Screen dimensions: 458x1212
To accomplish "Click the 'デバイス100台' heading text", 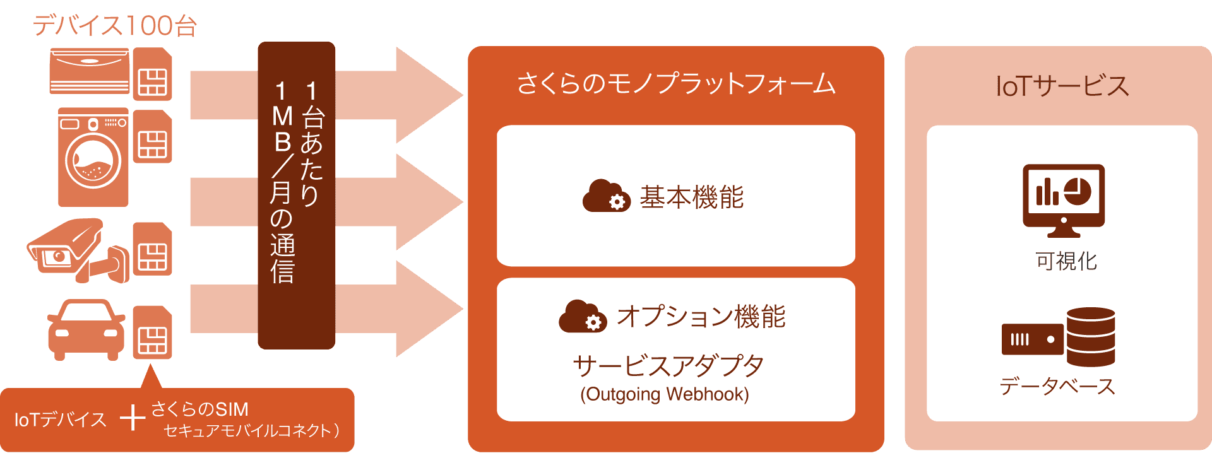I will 115,26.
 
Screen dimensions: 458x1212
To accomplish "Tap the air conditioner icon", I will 90,72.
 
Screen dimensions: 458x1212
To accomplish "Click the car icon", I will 86,330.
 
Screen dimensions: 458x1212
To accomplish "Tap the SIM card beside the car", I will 152,332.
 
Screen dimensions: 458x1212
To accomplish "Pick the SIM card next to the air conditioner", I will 152,74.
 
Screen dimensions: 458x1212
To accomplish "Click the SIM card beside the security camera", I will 152,249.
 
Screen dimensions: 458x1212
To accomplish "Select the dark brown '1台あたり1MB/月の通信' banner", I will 296,196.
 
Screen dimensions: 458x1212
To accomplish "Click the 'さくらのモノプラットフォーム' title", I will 675,84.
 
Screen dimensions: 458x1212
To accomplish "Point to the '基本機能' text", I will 692,197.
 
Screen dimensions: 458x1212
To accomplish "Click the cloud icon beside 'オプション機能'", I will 583,317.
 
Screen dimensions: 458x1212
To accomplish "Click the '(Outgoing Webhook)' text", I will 665,394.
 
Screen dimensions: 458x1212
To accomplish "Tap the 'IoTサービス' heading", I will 1062,86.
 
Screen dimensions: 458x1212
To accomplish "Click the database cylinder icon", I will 1090,336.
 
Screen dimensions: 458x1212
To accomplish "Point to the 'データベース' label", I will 1057,386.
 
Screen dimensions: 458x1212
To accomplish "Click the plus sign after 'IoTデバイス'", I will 133,418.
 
